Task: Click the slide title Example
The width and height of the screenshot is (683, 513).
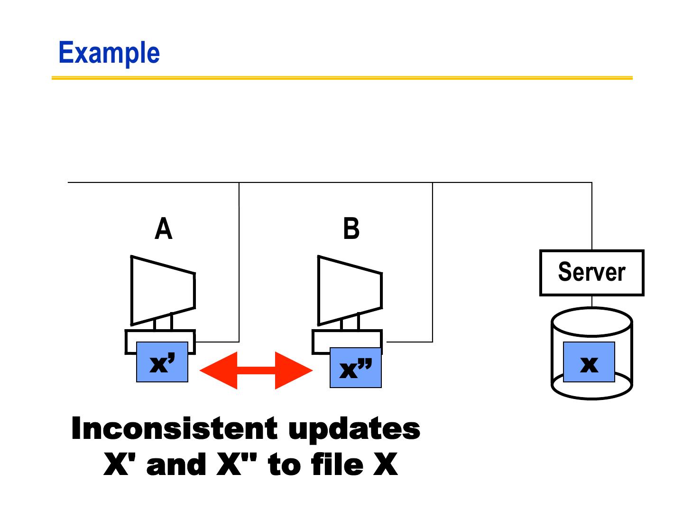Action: click(109, 53)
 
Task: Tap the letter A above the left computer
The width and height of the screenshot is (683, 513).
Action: click(164, 229)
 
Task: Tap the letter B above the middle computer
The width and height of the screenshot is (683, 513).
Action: click(351, 228)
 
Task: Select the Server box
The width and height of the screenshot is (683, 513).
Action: click(591, 273)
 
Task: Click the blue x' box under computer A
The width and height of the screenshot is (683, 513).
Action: click(162, 362)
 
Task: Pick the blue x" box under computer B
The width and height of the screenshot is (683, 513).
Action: click(356, 368)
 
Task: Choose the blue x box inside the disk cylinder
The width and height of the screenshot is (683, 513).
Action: click(589, 362)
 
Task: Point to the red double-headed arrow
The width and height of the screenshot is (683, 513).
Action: click(256, 370)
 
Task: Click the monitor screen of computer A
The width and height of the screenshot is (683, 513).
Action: click(162, 291)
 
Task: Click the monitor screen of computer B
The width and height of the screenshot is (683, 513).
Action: click(349, 291)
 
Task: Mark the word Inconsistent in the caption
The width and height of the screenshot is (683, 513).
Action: click(174, 428)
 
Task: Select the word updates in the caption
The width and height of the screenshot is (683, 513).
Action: click(354, 429)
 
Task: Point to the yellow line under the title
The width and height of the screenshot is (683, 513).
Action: click(342, 78)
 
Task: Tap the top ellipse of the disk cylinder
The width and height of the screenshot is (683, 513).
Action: click(591, 322)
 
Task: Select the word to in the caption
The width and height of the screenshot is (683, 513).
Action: click(283, 465)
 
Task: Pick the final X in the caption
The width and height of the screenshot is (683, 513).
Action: click(385, 465)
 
